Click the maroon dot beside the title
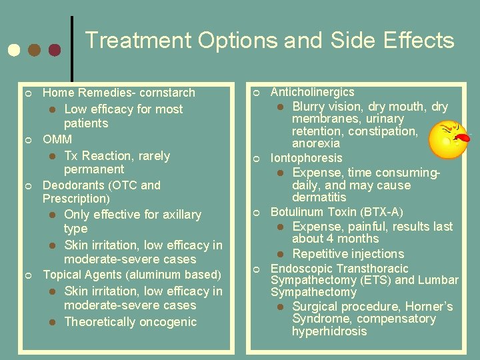click(55, 51)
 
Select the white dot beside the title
click(13, 51)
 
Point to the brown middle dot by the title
click(34, 51)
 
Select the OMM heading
click(57, 139)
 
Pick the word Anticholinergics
click(312, 92)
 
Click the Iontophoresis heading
click(306, 158)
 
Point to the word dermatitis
click(319, 197)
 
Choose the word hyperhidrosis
click(329, 331)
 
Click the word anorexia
click(316, 143)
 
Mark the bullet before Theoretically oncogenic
click(53, 323)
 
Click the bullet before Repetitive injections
click(281, 254)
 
